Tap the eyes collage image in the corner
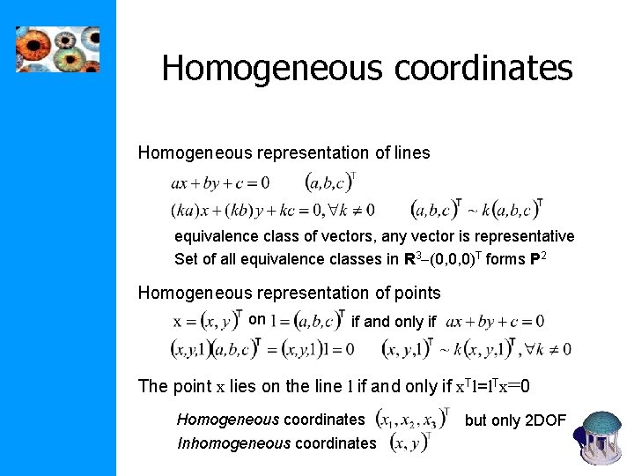coord(58,49)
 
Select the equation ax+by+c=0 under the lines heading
coord(220,183)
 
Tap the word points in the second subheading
coord(414,292)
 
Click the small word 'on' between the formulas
coord(257,319)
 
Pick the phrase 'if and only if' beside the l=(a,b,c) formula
coord(393,322)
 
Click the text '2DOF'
coord(547,420)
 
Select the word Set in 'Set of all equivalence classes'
coord(186,259)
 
